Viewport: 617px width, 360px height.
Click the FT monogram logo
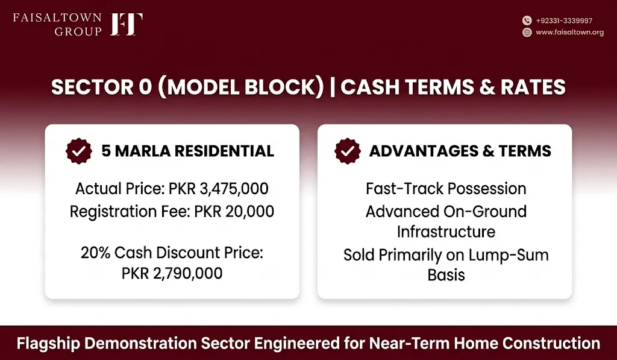click(x=127, y=24)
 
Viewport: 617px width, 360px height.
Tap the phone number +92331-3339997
click(x=564, y=21)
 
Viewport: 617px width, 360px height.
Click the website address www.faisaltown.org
click(x=570, y=33)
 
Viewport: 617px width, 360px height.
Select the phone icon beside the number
click(x=527, y=21)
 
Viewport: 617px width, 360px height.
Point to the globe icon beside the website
click(x=527, y=33)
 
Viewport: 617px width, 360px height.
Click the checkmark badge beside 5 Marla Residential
click(x=79, y=151)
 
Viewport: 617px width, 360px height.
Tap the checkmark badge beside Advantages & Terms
click(x=348, y=151)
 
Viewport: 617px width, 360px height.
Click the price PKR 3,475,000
click(x=218, y=189)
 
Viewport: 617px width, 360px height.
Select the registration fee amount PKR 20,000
click(x=234, y=212)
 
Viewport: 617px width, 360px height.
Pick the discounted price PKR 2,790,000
click(x=172, y=273)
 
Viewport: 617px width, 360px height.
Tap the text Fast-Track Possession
click(x=446, y=189)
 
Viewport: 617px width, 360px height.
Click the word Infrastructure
click(x=446, y=232)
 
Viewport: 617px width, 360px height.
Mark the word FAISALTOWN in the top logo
click(x=57, y=17)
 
